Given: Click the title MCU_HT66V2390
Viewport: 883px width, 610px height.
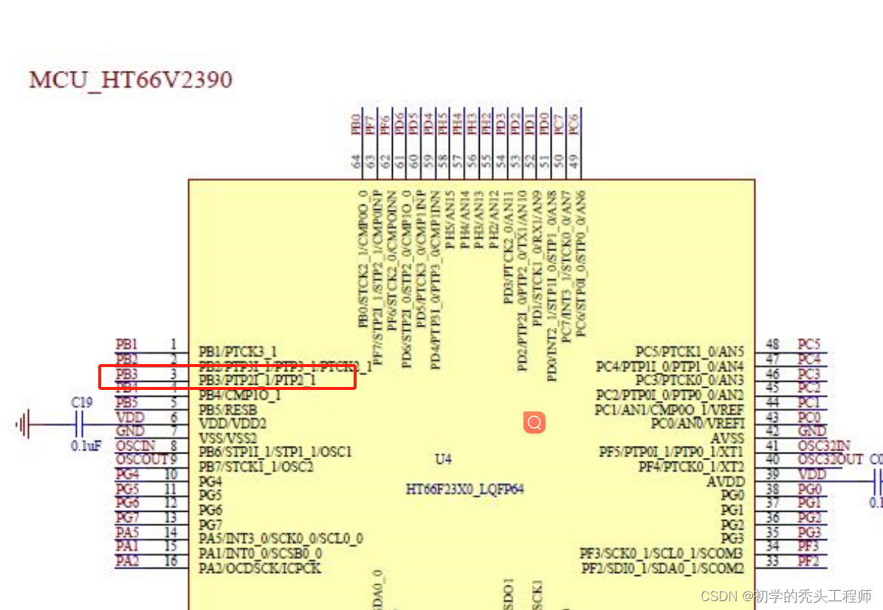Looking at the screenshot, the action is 131,79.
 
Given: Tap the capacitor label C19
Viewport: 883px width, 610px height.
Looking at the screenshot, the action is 82,402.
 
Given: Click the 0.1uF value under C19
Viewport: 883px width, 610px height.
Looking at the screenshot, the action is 86,446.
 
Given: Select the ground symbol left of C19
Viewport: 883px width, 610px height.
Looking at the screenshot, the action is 24,425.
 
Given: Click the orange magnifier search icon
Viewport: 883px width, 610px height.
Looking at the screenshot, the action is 535,422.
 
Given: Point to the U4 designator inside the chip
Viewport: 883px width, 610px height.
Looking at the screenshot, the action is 442,459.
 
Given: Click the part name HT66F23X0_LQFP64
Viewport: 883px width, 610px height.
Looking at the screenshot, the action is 464,489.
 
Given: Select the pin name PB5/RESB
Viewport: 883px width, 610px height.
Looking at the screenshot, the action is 228,409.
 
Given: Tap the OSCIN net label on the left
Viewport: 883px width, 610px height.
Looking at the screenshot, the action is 136,445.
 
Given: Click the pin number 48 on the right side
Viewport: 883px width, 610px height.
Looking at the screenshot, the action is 773,344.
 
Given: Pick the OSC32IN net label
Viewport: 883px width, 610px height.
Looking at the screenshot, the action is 824,445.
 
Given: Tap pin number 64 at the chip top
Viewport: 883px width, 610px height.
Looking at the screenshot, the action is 356,160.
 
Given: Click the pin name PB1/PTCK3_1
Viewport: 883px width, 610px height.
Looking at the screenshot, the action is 238,351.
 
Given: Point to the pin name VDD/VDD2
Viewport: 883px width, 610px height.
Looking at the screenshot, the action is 233,424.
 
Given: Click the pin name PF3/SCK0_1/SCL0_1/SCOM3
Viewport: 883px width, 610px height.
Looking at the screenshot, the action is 662,553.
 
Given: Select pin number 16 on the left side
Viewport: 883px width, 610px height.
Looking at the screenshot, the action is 171,561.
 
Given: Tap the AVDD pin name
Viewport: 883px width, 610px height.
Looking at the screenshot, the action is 726,481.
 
